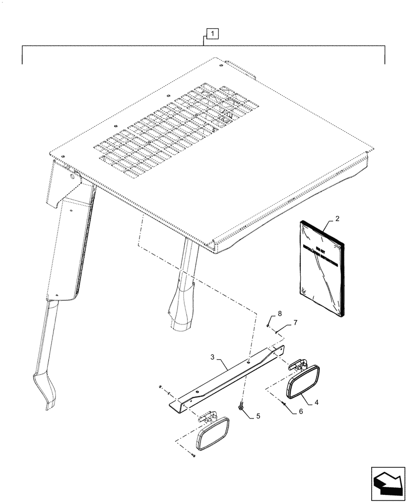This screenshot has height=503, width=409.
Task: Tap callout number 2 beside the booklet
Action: tap(336, 219)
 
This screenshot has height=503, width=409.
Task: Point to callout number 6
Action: tap(301, 411)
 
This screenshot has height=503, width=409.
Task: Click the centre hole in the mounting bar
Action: tap(249, 360)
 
